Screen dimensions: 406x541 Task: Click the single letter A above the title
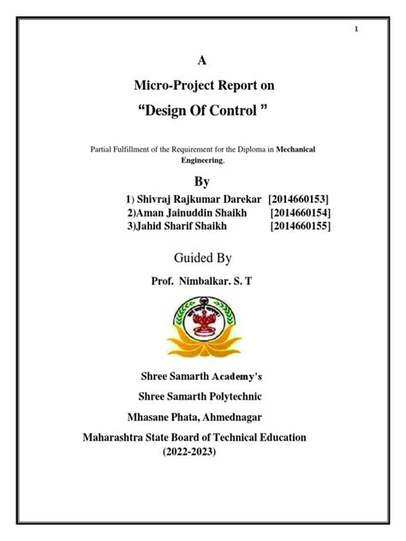pyautogui.click(x=202, y=60)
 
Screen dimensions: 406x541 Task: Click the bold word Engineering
pyautogui.click(x=202, y=160)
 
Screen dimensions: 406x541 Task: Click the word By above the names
pyautogui.click(x=202, y=181)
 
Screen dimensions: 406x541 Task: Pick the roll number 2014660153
pyautogui.click(x=299, y=199)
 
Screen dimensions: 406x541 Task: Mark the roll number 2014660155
pyautogui.click(x=300, y=226)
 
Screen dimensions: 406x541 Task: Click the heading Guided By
pyautogui.click(x=202, y=258)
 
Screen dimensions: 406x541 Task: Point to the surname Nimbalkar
pyautogui.click(x=210, y=281)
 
